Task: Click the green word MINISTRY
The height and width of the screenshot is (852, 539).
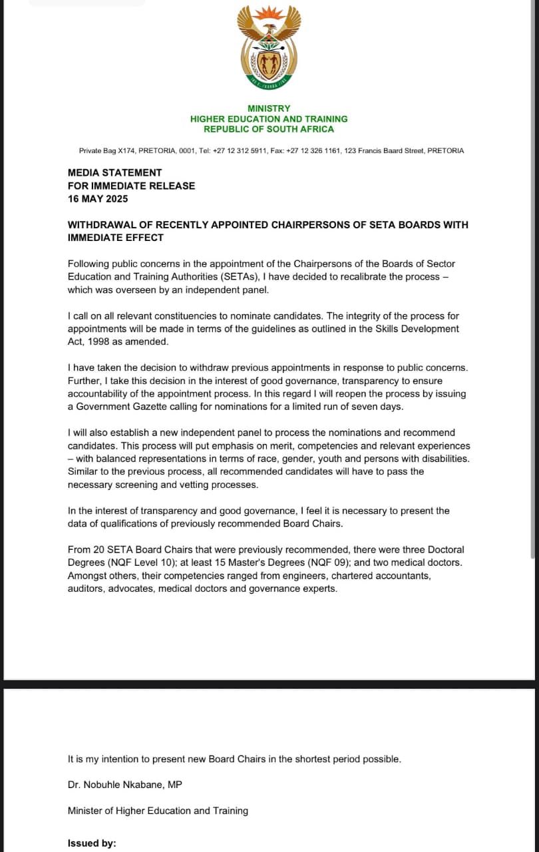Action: coord(269,108)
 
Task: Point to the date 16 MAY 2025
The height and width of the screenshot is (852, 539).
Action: coord(98,199)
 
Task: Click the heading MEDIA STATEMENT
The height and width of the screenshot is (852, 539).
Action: coord(114,173)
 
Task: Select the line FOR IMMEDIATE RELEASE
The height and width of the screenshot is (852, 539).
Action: coord(131,186)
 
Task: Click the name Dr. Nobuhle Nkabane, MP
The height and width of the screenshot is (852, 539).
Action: coord(124,785)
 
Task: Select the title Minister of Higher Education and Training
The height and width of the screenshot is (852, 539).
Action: coord(158,811)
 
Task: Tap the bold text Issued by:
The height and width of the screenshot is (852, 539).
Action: coord(92,843)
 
